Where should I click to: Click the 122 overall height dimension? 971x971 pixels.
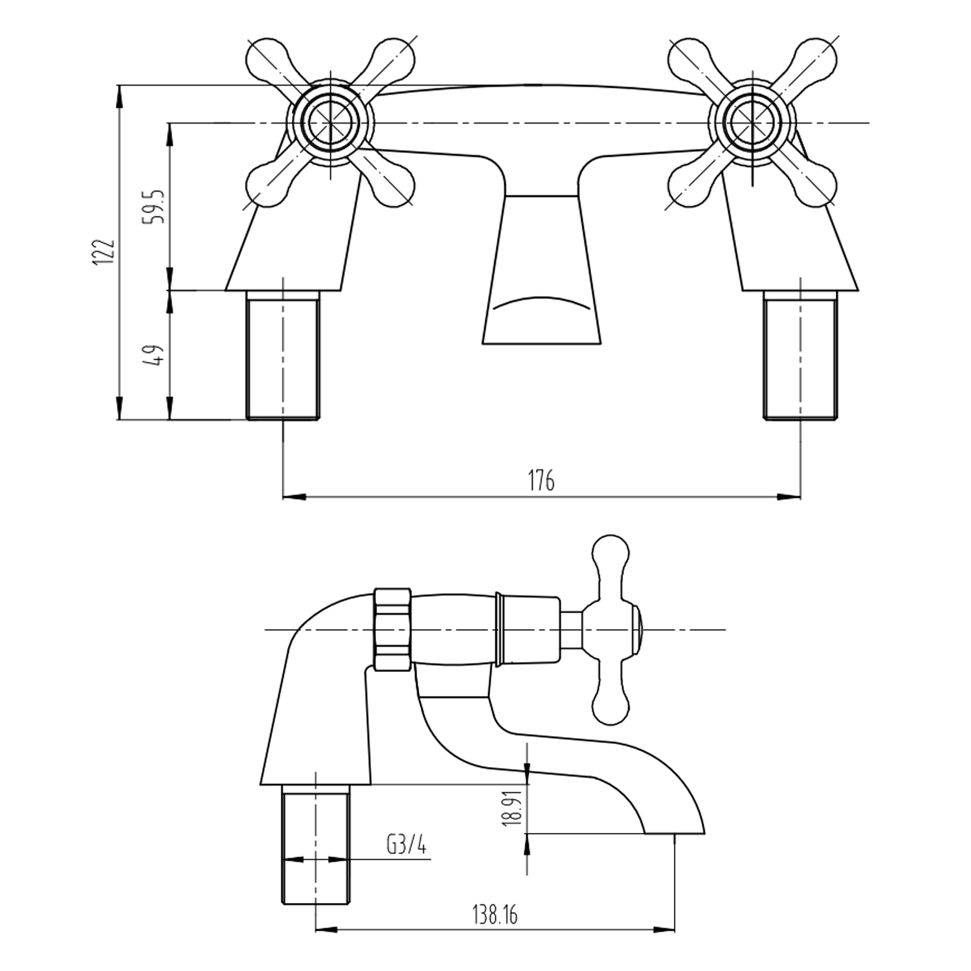click(x=104, y=251)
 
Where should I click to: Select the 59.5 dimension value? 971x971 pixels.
click(x=156, y=206)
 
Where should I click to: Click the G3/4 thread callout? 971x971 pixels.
click(x=407, y=845)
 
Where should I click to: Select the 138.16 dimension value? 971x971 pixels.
click(x=495, y=915)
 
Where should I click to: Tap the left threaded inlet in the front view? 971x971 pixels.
click(x=284, y=355)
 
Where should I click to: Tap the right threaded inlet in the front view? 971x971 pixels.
click(x=801, y=355)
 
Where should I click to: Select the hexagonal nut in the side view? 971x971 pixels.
click(x=393, y=629)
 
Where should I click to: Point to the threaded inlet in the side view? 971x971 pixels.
click(x=316, y=845)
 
